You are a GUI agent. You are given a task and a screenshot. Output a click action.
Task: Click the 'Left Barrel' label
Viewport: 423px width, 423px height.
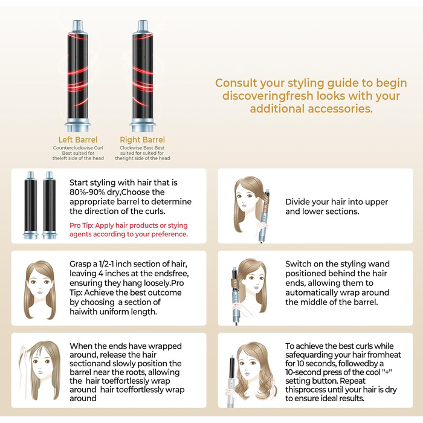tap(77, 140)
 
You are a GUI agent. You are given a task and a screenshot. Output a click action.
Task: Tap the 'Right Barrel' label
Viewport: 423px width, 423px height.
tap(143, 140)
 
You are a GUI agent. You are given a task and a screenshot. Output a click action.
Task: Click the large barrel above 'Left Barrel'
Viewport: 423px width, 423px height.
tap(77, 79)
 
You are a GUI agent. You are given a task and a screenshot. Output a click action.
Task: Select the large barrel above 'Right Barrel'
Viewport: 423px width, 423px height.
tap(143, 79)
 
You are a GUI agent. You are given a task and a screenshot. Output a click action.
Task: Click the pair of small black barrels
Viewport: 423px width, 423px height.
tap(39, 205)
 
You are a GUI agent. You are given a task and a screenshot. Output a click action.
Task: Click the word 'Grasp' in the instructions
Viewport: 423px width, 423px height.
tap(83, 265)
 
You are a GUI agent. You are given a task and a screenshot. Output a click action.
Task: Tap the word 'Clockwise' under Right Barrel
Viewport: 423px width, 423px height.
tap(131, 147)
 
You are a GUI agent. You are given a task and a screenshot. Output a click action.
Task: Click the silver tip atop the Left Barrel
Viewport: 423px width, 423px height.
tap(77, 27)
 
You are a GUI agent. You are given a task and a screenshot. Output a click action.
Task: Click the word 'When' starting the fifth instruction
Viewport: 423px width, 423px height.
tap(82, 346)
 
